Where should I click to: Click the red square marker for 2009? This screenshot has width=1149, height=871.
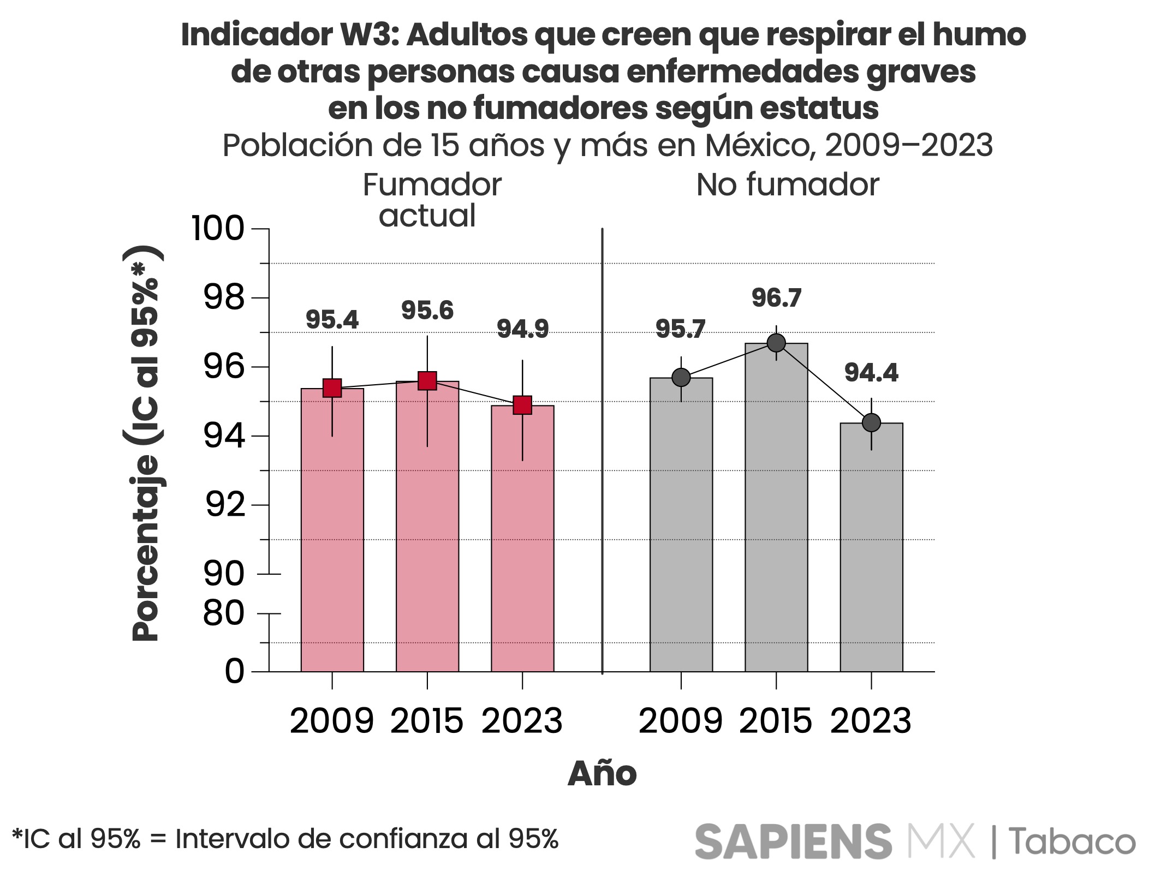[332, 388]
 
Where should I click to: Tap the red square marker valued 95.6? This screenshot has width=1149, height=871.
[427, 380]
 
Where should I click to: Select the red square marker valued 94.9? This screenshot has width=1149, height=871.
[522, 405]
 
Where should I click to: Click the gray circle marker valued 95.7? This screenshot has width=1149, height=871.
[681, 377]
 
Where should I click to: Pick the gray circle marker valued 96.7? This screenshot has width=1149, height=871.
[776, 343]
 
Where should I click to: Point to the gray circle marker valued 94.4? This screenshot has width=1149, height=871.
[871, 422]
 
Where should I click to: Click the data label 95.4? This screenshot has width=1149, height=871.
[332, 320]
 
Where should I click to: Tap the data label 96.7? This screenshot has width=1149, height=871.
[776, 298]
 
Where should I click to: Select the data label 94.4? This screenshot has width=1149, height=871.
[871, 373]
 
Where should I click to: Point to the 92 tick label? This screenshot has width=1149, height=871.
[225, 505]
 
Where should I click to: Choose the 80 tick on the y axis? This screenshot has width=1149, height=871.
[224, 613]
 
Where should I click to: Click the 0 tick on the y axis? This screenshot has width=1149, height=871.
[235, 671]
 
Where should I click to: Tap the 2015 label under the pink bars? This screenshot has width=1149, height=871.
[427, 720]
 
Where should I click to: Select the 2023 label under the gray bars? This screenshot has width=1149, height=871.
[871, 720]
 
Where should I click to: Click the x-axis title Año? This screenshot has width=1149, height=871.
[602, 773]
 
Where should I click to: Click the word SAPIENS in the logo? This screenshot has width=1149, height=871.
[793, 841]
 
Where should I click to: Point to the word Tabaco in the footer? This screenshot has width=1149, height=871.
[1072, 841]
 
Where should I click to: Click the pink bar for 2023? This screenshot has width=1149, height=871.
[522, 540]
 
